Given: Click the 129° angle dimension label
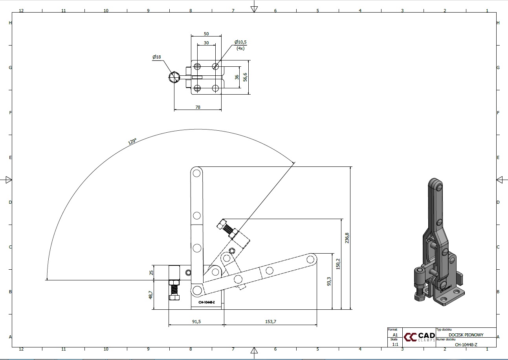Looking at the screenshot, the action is [x=132, y=141].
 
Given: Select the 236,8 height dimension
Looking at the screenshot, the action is [x=347, y=238].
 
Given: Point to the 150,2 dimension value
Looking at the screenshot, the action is [x=338, y=264].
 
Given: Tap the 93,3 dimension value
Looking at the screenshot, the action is [x=329, y=281].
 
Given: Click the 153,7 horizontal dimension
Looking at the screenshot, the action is [x=271, y=322].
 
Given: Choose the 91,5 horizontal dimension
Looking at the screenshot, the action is [x=196, y=322].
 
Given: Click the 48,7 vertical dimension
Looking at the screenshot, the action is [x=150, y=295].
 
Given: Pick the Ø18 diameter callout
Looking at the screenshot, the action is [x=156, y=57].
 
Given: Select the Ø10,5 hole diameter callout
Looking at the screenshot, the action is [x=240, y=42].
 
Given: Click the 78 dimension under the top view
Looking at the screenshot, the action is [x=198, y=107].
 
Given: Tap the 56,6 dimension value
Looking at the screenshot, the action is [x=245, y=77].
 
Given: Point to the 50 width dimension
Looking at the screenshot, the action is [x=206, y=34].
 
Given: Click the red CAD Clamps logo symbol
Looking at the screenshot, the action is [x=410, y=337].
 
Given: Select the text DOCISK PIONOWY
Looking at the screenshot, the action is [x=466, y=335].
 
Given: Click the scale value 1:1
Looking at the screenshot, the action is [x=395, y=344].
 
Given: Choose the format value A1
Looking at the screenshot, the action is [x=395, y=335].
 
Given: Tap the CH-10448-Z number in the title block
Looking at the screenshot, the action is [x=466, y=345].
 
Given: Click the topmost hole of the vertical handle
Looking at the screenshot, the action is [x=196, y=174].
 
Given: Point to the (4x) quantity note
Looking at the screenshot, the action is [x=240, y=48].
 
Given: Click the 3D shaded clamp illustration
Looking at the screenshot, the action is [x=439, y=242].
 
